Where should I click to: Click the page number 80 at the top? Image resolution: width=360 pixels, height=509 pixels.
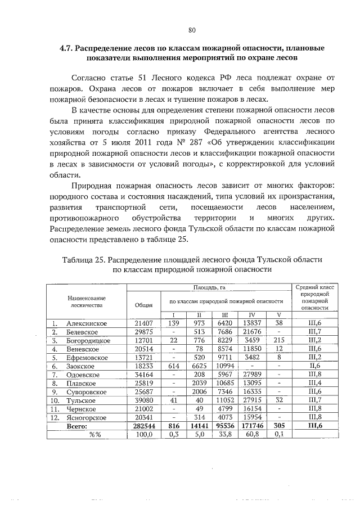point(191,29)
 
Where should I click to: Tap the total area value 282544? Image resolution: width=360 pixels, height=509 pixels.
point(145,426)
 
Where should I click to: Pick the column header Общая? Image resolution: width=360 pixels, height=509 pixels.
point(145,304)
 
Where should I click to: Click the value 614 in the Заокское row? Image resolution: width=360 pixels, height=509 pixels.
point(174,366)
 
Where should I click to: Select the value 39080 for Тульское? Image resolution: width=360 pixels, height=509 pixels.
point(145,400)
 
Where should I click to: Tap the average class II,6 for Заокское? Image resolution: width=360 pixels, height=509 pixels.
point(315,366)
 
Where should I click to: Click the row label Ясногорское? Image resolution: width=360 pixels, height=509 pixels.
point(87,417)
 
